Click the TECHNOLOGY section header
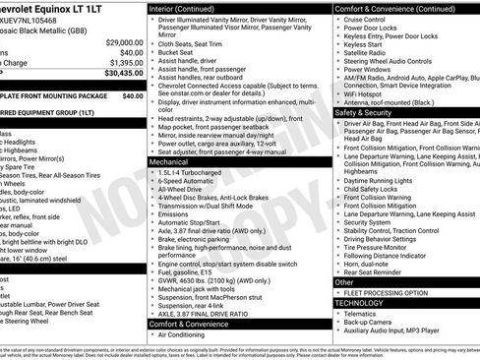tap(362, 304)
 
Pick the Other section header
tap(344, 282)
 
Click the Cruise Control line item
tap(366, 19)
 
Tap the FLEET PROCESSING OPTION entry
tap(384, 293)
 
